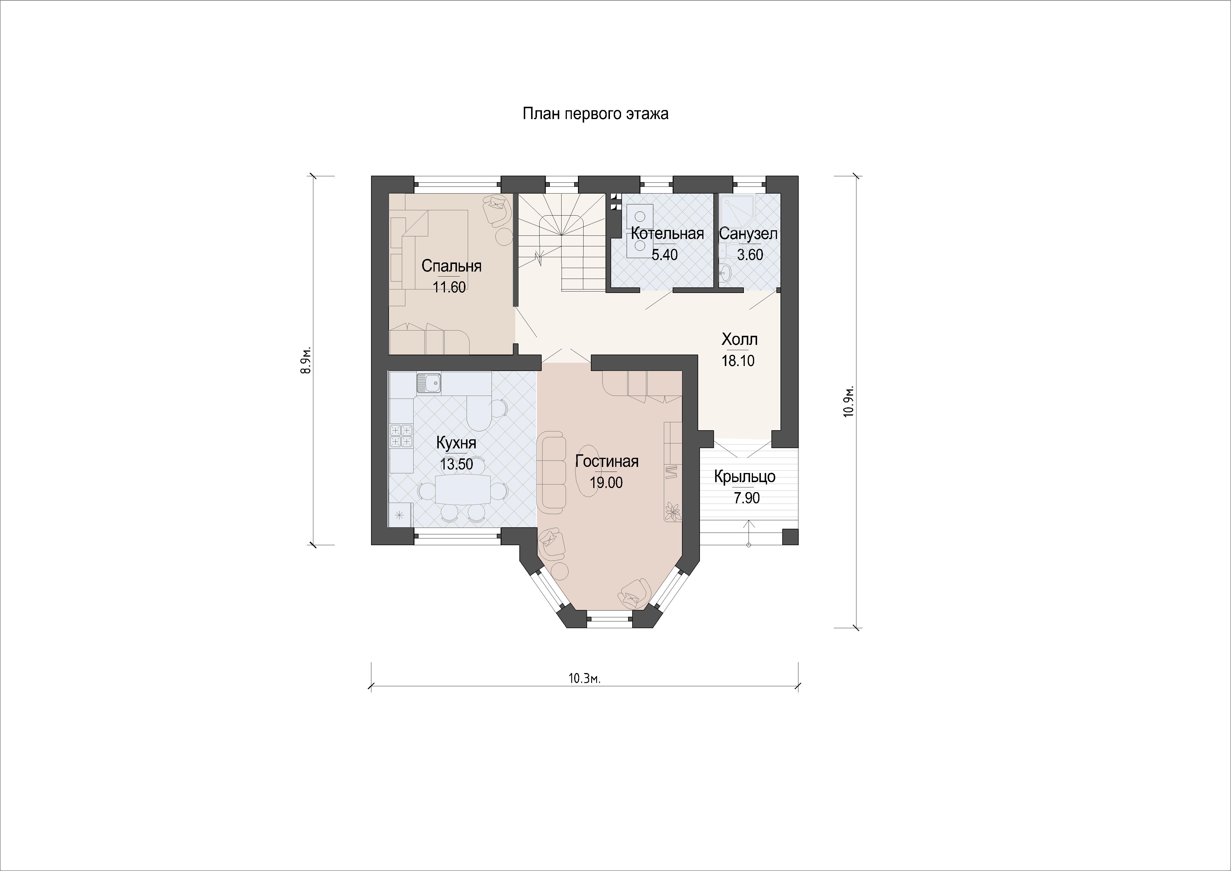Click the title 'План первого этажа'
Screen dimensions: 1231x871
(596, 115)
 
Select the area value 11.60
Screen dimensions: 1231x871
(449, 287)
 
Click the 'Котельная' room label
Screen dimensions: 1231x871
(667, 233)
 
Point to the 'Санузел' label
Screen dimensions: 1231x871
(749, 234)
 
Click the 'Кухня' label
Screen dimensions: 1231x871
(456, 443)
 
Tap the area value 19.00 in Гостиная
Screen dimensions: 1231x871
(606, 483)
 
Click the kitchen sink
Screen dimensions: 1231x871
(429, 383)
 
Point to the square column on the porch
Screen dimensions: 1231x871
(790, 537)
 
